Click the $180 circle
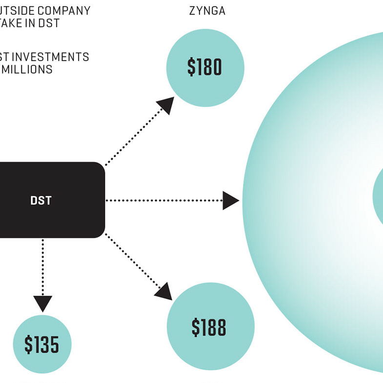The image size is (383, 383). tap(205, 68)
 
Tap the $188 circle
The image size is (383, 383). tap(210, 327)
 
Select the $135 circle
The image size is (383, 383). tap(42, 344)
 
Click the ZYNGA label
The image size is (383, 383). tap(207, 11)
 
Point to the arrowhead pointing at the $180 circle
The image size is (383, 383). tap(166, 104)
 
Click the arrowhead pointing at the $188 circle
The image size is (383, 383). tap(164, 291)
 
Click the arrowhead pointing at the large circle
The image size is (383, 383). tap(231, 200)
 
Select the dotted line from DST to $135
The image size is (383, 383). tap(43, 266)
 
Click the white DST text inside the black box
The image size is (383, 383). tap(41, 200)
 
